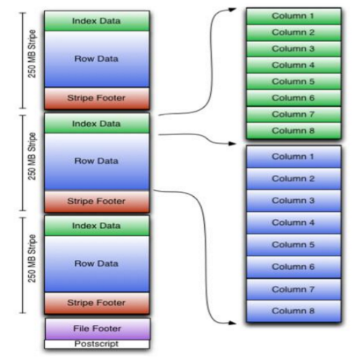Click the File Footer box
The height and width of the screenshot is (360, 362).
(98, 329)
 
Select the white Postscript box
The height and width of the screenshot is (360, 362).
(97, 344)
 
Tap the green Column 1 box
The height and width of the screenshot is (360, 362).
(294, 16)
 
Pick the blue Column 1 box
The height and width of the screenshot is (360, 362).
(294, 156)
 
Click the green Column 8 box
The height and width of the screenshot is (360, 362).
(294, 131)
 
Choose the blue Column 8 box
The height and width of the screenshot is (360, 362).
(294, 311)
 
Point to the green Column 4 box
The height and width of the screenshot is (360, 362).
(294, 65)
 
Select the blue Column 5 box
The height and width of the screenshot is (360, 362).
(294, 245)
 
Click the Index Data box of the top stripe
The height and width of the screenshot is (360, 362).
(97, 21)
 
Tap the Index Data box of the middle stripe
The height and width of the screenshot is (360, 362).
(97, 123)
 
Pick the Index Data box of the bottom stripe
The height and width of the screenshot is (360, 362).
(97, 226)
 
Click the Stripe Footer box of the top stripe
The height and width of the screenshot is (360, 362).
(97, 98)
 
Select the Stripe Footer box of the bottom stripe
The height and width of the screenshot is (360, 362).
(97, 303)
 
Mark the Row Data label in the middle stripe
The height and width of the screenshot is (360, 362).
(96, 161)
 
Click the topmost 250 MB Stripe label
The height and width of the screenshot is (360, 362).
(32, 54)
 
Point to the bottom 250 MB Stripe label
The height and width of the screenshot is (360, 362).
(32, 259)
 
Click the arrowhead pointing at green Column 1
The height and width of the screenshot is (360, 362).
(232, 9)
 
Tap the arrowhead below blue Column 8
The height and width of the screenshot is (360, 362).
(232, 323)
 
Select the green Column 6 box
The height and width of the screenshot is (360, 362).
(294, 98)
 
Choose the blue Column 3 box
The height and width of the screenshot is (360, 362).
(294, 200)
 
